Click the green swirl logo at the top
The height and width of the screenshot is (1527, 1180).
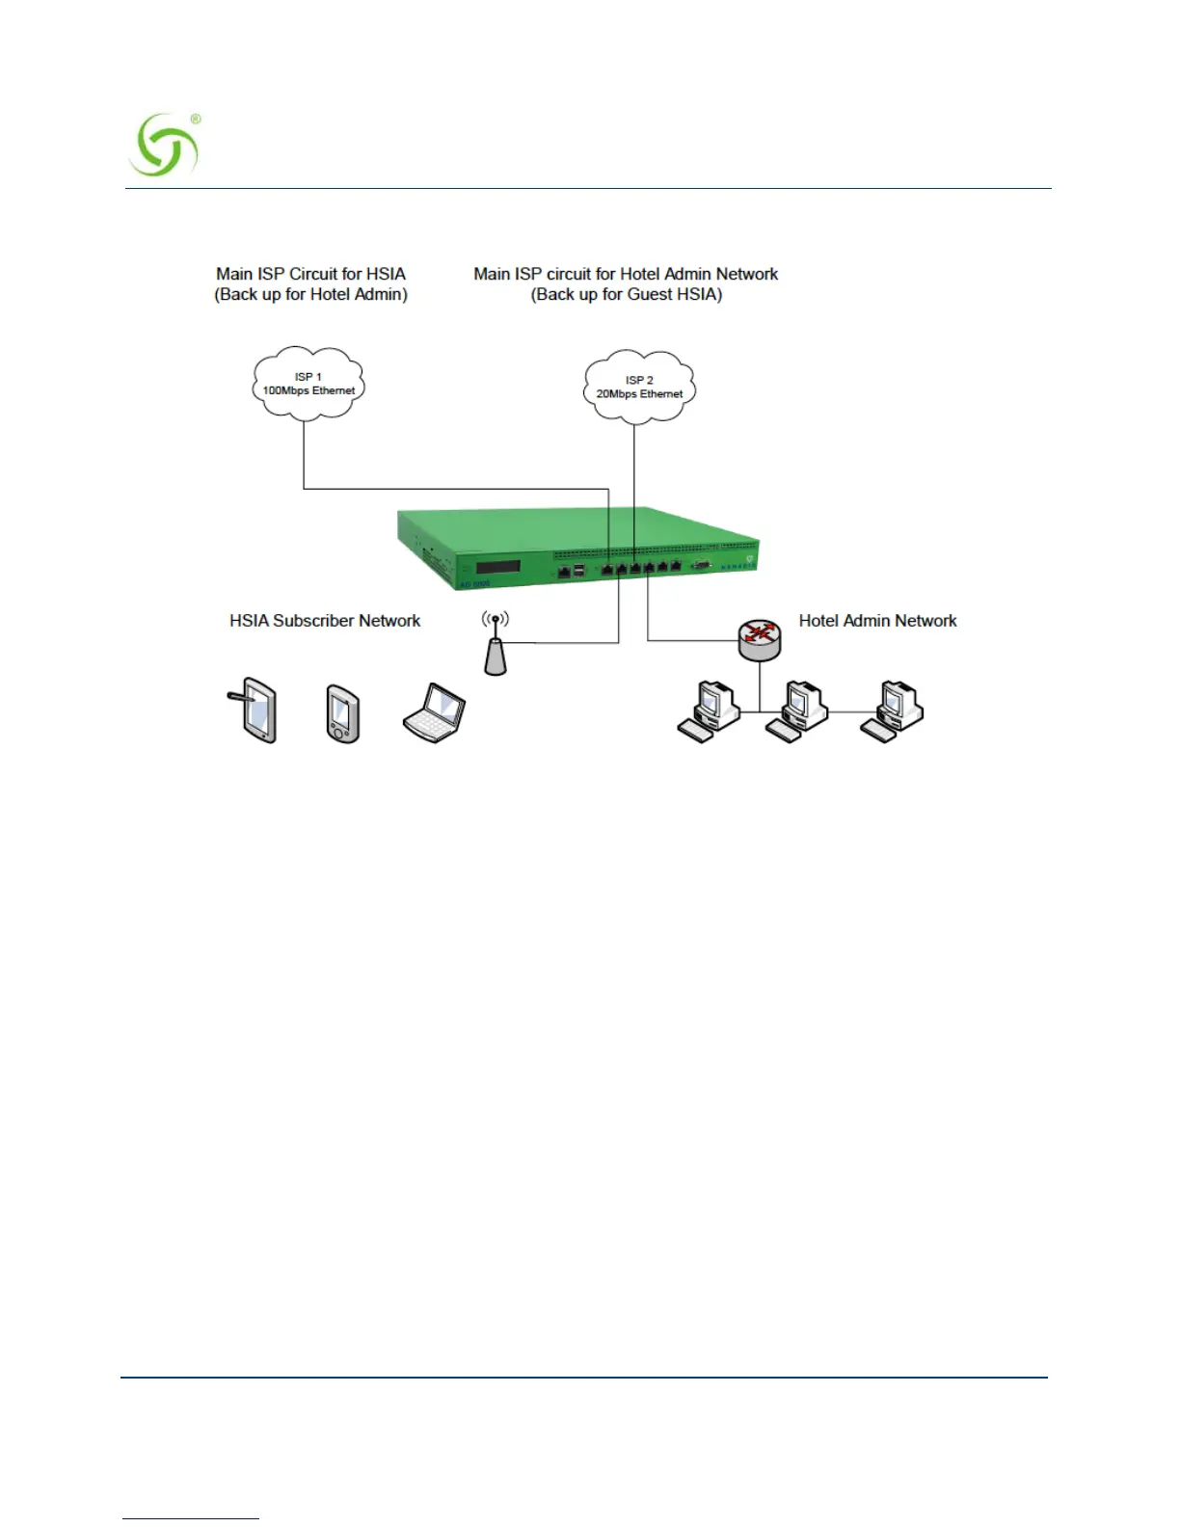(164, 146)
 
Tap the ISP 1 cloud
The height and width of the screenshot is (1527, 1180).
(308, 384)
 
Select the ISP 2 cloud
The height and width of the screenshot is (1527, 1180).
(639, 388)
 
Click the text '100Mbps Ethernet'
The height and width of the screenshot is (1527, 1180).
(308, 391)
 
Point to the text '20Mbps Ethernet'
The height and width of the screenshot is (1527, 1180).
(639, 394)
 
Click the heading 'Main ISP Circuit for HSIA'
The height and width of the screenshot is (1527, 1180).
(310, 274)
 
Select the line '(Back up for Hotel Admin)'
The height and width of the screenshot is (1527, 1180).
(310, 295)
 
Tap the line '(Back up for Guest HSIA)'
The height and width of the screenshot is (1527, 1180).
(626, 295)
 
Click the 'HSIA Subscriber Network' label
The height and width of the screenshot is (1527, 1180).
(325, 621)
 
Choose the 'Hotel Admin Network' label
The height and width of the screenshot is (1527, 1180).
(877, 621)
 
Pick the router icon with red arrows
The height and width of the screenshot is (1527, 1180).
(760, 639)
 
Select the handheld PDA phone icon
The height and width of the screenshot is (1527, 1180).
(343, 714)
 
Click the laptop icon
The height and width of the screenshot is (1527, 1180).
(435, 713)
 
